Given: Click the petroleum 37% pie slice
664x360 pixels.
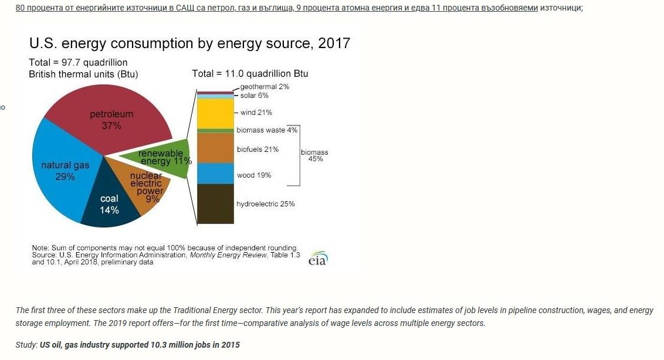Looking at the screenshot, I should (x=111, y=117).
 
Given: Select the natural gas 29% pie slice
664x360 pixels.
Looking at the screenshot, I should (x=62, y=170).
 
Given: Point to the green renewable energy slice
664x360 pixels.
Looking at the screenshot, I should (x=164, y=157).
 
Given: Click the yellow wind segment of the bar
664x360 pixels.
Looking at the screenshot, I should (x=215, y=113).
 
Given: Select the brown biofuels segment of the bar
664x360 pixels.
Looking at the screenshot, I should (x=215, y=148).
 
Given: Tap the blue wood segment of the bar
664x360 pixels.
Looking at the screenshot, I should (x=215, y=174).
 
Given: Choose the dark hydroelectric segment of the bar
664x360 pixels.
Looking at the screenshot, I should (x=215, y=203).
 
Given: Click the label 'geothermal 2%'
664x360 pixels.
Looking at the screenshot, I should (x=265, y=87).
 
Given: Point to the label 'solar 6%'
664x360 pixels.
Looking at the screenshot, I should (x=255, y=96).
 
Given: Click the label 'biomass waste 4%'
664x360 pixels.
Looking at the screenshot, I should (x=267, y=130).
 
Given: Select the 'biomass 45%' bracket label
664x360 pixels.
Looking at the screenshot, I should (x=314, y=155).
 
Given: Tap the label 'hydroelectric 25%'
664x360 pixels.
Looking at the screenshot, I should (x=265, y=204).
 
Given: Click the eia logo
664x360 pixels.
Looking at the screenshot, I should (x=318, y=259).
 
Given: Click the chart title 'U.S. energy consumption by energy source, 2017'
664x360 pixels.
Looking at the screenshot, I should (x=189, y=43).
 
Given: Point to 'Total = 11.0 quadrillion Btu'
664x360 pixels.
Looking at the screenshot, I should (x=250, y=74).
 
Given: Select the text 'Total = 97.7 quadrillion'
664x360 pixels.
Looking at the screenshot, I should (x=78, y=63).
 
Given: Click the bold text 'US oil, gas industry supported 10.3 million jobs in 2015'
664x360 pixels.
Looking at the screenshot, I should (x=140, y=345).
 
